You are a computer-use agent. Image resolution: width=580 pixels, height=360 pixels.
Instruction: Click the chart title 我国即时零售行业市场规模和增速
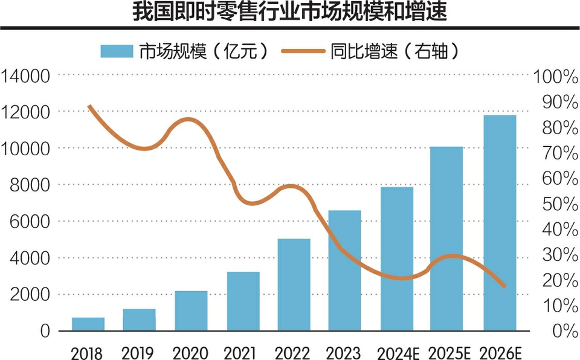click(x=290, y=13)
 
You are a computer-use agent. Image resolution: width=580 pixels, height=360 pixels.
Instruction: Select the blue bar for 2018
click(x=88, y=324)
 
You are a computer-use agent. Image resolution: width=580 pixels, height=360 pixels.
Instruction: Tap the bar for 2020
click(x=191, y=311)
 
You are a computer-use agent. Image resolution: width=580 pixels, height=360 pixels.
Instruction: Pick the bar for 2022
click(x=294, y=285)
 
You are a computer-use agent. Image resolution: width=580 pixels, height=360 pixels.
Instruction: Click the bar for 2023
click(x=345, y=271)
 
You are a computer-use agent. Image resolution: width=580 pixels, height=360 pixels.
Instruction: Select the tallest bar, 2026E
click(x=500, y=223)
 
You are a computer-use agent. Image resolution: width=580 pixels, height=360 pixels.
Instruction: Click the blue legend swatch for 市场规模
click(x=117, y=51)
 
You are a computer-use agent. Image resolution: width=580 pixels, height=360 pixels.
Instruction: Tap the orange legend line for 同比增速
click(x=304, y=51)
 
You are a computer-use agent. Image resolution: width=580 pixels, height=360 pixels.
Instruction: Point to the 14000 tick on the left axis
click(x=27, y=76)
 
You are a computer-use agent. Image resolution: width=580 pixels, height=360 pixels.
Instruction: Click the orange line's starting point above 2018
click(x=89, y=106)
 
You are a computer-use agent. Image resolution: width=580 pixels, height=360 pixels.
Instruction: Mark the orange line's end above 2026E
click(x=504, y=286)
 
